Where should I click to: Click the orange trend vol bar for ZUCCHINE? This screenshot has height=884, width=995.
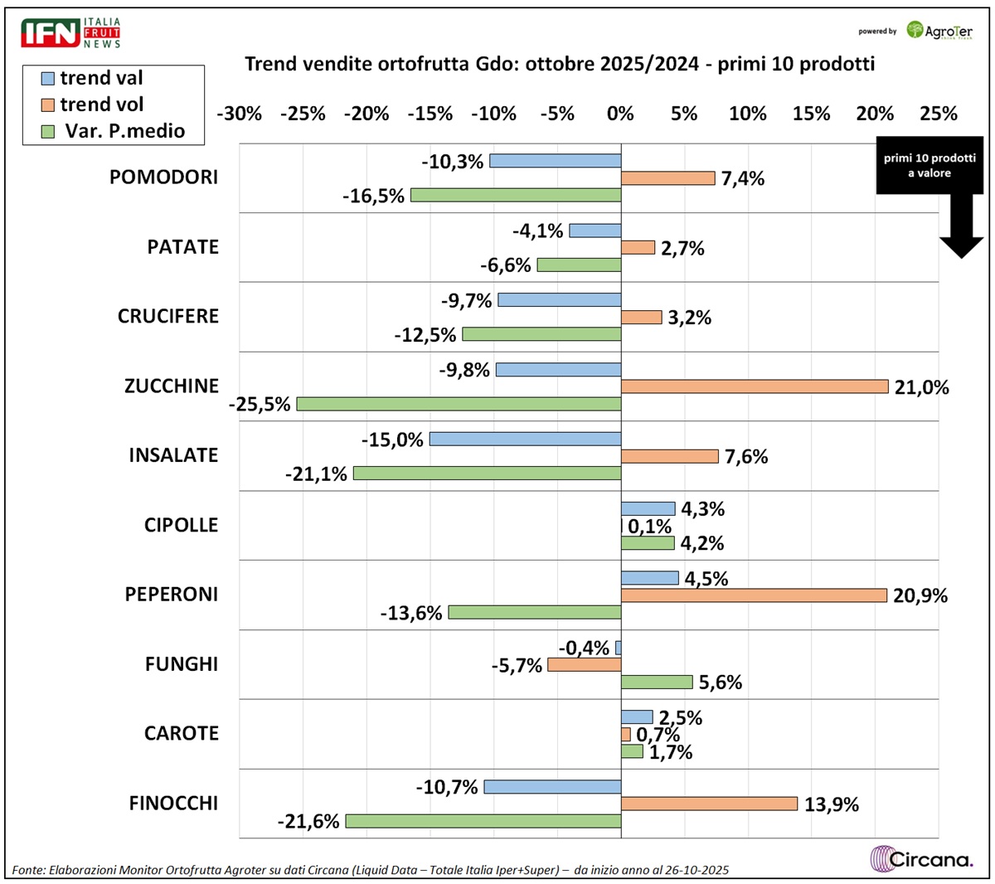(x=755, y=386)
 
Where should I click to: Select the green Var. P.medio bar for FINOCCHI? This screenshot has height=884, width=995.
(x=483, y=821)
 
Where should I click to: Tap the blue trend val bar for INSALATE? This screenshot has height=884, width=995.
(x=525, y=440)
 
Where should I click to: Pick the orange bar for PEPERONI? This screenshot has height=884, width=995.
(x=754, y=595)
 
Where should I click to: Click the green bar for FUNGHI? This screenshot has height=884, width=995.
(x=657, y=682)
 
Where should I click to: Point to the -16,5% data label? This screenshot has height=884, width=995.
(x=374, y=197)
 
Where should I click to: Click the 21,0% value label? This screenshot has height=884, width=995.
(x=921, y=387)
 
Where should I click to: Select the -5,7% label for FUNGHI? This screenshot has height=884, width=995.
(x=517, y=665)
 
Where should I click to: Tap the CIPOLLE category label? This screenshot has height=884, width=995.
(x=181, y=525)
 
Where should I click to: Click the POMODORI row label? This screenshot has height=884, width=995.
(x=163, y=177)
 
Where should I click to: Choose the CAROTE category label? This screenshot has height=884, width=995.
(x=181, y=733)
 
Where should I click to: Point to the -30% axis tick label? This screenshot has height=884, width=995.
(x=239, y=114)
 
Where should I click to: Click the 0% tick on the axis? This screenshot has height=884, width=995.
(x=620, y=114)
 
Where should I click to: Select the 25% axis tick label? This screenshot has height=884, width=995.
(x=938, y=114)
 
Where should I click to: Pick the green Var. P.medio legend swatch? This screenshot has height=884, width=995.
(x=48, y=131)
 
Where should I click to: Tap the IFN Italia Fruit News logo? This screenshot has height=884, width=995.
(x=70, y=32)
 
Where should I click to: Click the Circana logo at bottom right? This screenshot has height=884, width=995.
(x=921, y=858)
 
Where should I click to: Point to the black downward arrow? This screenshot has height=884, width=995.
(x=961, y=231)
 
